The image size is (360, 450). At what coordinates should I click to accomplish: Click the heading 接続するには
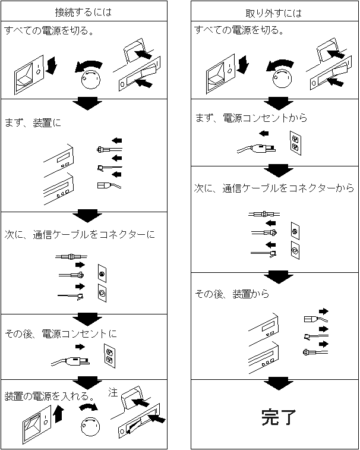pyautogui.click(x=83, y=12)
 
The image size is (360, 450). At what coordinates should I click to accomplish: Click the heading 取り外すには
pyautogui.click(x=273, y=13)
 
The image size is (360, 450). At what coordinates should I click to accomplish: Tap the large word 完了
pyautogui.click(x=278, y=417)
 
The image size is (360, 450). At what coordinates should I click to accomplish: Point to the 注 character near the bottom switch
pyautogui.click(x=113, y=392)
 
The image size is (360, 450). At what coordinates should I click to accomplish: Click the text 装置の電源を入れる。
pyautogui.click(x=49, y=396)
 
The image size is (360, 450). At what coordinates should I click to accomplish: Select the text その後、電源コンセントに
pyautogui.click(x=61, y=333)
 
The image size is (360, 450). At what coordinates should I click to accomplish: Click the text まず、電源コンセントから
pyautogui.click(x=251, y=118)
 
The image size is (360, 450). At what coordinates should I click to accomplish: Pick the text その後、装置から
pyautogui.click(x=232, y=294)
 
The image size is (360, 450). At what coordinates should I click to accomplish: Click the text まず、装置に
pyautogui.click(x=33, y=123)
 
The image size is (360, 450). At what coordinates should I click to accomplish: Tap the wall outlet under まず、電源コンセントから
pyautogui.click(x=295, y=143)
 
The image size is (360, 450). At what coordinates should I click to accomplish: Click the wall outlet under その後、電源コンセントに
pyautogui.click(x=109, y=356)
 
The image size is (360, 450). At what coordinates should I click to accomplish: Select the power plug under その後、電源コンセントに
pyautogui.click(x=71, y=361)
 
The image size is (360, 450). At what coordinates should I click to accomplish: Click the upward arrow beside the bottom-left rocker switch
pyautogui.click(x=59, y=413)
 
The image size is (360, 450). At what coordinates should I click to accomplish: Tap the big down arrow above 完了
pyautogui.click(x=279, y=383)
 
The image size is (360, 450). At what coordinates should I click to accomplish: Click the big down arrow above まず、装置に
pyautogui.click(x=87, y=103)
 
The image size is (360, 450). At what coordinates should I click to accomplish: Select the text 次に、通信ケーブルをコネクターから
pyautogui.click(x=274, y=188)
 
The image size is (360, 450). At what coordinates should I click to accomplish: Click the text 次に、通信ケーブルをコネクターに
pyautogui.click(x=80, y=234)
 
